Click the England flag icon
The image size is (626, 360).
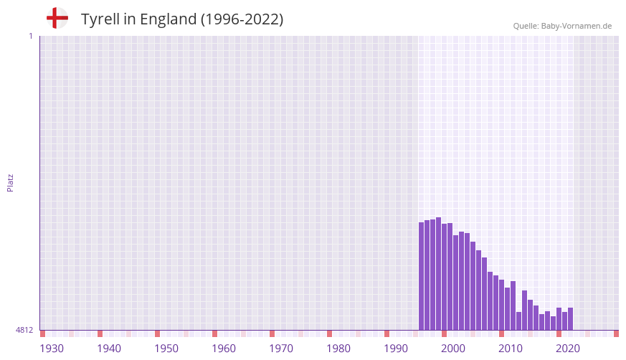click(57, 19)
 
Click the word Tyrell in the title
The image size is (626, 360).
click(100, 19)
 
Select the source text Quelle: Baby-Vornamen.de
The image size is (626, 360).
click(562, 26)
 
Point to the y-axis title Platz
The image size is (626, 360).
click(10, 182)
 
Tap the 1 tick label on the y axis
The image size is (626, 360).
click(30, 36)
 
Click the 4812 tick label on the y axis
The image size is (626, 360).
click(24, 331)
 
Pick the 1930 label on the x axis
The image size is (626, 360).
click(52, 349)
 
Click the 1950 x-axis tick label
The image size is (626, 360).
click(166, 349)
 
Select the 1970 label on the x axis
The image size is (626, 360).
click(281, 349)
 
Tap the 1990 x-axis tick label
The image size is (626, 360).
click(396, 349)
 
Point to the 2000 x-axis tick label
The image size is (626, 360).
click(453, 349)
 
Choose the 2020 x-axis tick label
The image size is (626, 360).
click(568, 349)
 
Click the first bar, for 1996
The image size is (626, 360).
click(422, 276)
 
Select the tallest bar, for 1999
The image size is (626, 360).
click(439, 273)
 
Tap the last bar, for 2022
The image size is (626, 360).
click(571, 319)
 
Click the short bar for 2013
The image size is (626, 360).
click(519, 321)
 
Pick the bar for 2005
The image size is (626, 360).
click(473, 286)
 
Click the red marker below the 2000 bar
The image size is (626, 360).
click(445, 333)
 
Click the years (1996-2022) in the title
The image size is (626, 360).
click(242, 19)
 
